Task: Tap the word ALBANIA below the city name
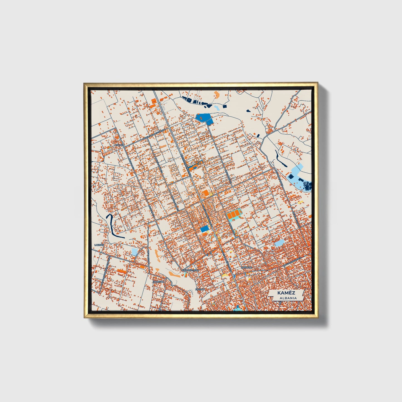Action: tap(286, 298)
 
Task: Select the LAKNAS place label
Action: tap(99, 245)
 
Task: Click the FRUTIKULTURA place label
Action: tap(191, 270)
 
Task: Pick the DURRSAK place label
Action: tap(159, 281)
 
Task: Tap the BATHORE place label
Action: tap(247, 267)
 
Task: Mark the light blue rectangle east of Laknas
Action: tap(134, 252)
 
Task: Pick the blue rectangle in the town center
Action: tap(205, 229)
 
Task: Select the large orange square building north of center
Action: tap(205, 193)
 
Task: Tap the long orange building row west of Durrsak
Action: tap(121, 270)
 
